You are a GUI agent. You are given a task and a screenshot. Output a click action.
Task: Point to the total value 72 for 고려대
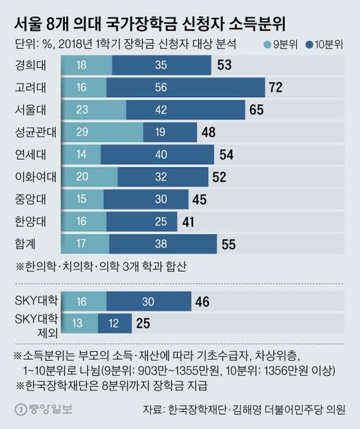276,87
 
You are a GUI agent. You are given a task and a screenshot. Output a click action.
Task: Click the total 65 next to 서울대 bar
256,110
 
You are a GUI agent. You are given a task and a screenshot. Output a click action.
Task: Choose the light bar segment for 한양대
84,221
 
